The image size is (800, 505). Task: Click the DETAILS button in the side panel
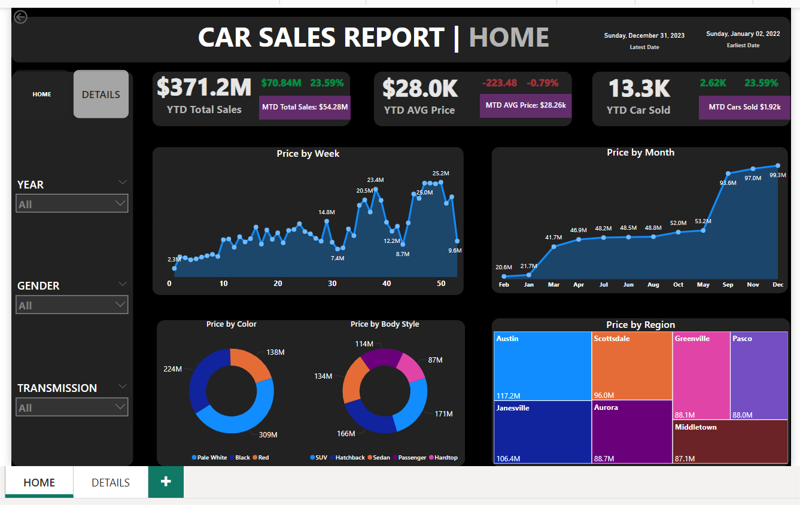pyautogui.click(x=101, y=95)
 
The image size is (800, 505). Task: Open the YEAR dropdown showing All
pyautogui.click(x=72, y=204)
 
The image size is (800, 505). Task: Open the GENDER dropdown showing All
pyautogui.click(x=72, y=305)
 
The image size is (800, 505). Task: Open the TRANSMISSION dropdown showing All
pyautogui.click(x=72, y=407)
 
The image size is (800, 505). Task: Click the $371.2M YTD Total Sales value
pyautogui.click(x=204, y=88)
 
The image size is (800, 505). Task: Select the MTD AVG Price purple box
pyautogui.click(x=525, y=105)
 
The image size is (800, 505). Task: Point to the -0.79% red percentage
pyautogui.click(x=542, y=83)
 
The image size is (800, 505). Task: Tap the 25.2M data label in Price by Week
pyautogui.click(x=440, y=174)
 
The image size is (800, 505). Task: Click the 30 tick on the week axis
pyautogui.click(x=332, y=284)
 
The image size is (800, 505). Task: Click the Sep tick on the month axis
pyautogui.click(x=728, y=285)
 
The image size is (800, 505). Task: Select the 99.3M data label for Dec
pyautogui.click(x=777, y=175)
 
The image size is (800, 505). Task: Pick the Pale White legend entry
pyautogui.click(x=209, y=458)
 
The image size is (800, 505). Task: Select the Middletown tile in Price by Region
pyautogui.click(x=730, y=442)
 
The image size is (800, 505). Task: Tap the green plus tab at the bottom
pyautogui.click(x=166, y=482)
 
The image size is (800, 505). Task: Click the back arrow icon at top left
pyautogui.click(x=21, y=17)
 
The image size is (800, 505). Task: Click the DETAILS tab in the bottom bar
pyautogui.click(x=111, y=483)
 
